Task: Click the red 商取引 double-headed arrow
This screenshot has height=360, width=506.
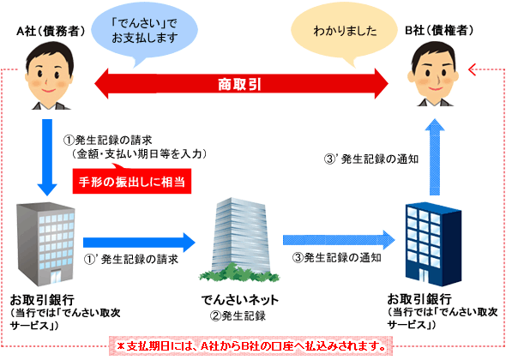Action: point(241,84)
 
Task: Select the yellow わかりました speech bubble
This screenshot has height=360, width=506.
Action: point(344,31)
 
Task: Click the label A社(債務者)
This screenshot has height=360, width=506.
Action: point(51,31)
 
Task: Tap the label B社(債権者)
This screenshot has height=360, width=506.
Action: point(439,30)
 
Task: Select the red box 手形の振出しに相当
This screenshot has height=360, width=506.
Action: point(132,182)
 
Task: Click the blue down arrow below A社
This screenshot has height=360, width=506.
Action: point(47,158)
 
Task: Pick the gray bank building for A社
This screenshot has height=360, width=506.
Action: point(45,244)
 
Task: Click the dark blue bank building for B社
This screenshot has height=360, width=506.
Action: point(433,244)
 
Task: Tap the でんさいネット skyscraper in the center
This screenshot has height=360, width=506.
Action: point(239,238)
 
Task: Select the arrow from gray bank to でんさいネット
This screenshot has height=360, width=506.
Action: point(139,243)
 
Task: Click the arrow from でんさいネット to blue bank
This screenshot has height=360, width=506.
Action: point(339,240)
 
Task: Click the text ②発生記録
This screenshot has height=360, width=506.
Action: point(238,315)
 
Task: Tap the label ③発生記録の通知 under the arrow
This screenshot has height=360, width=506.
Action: point(337,258)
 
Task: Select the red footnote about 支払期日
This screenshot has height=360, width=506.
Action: point(251,346)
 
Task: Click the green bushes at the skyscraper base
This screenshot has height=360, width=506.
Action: point(239,273)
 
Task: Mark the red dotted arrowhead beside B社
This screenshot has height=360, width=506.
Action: point(473,69)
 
